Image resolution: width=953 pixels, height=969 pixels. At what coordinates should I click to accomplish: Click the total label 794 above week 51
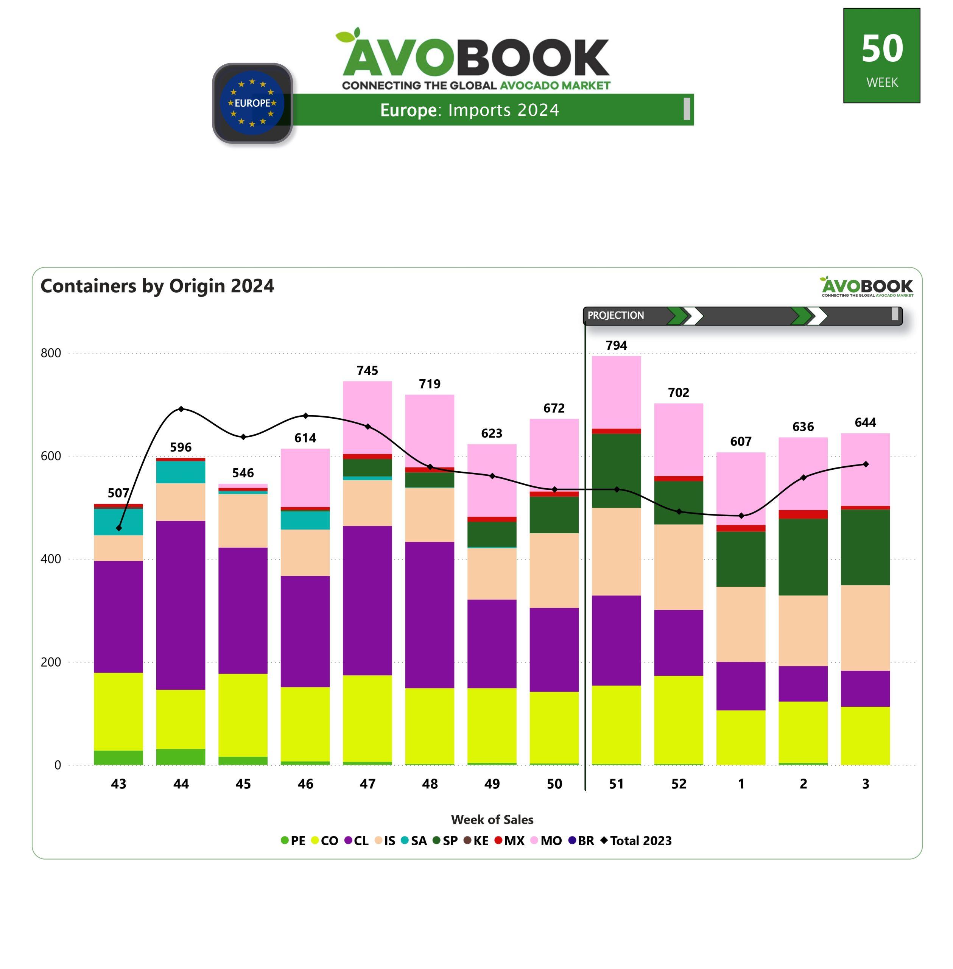point(616,345)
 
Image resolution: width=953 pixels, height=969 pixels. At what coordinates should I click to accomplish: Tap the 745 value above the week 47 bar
point(367,371)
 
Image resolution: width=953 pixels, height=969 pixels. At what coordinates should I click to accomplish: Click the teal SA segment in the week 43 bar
point(118,522)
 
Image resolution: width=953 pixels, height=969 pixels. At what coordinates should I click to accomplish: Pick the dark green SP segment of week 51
point(616,470)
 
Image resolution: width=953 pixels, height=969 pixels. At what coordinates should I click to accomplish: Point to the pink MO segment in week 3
point(866,469)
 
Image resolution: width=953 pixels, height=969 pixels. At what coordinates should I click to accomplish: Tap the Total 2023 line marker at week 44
point(181,409)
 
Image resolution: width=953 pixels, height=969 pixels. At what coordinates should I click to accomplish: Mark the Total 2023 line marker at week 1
point(741,516)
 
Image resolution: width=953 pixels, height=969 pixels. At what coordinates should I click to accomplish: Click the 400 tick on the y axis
point(51,559)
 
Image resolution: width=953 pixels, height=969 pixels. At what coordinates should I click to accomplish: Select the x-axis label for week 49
point(492,784)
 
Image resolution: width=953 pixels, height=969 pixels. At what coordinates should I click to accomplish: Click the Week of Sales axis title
point(492,819)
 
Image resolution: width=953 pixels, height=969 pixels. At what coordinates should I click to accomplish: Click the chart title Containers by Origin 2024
point(157,286)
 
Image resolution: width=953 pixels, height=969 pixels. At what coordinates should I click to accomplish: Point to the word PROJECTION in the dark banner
point(616,315)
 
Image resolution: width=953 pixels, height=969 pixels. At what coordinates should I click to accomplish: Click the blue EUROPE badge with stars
point(252,103)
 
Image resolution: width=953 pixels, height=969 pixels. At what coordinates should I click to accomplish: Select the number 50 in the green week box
point(882,48)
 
